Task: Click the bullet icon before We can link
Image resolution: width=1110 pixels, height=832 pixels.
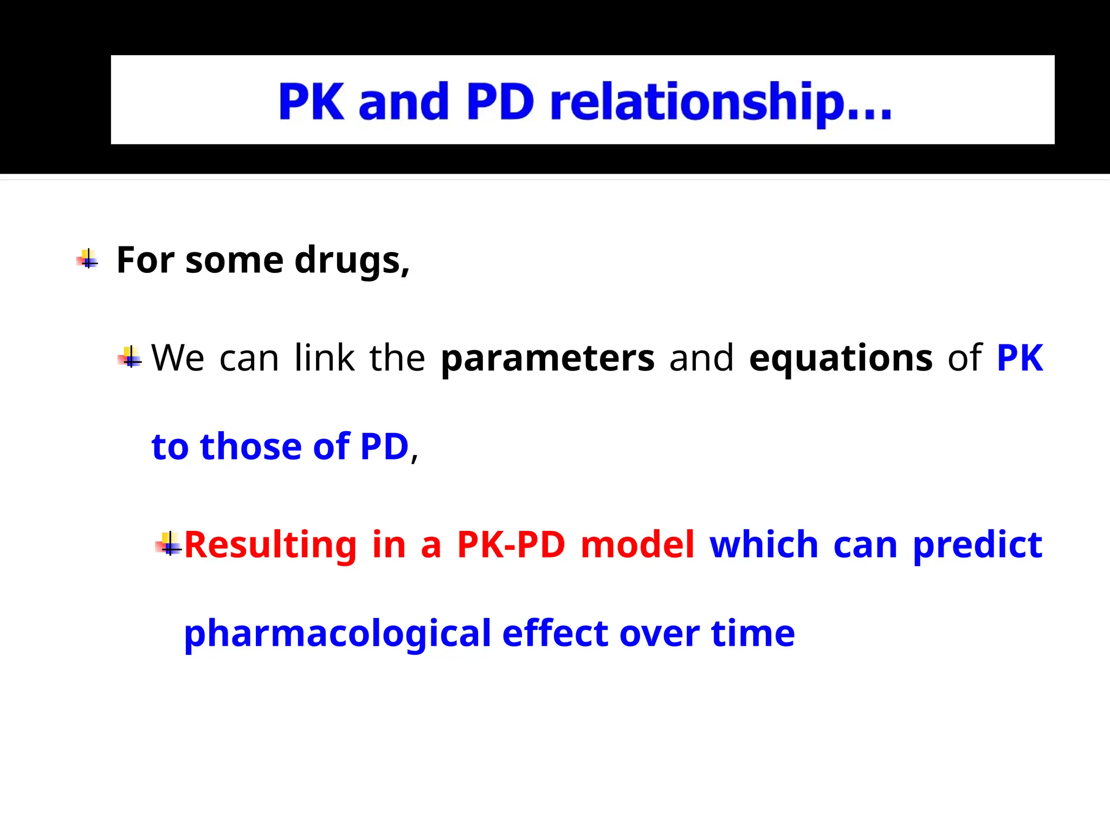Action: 130,357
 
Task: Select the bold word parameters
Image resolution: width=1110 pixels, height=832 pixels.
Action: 547,358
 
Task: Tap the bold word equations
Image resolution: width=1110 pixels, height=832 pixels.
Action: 841,358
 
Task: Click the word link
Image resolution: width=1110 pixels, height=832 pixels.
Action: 324,358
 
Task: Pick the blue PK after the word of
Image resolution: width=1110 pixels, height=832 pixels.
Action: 1019,358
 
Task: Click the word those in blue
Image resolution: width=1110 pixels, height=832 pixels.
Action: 250,446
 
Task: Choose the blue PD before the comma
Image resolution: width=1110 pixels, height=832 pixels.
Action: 384,446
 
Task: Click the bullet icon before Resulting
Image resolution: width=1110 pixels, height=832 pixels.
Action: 169,543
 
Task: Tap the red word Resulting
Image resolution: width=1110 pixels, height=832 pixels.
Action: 270,544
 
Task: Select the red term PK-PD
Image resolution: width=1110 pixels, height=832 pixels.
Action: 511,544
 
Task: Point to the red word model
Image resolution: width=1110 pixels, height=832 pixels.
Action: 637,544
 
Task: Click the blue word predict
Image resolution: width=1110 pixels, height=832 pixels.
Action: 977,545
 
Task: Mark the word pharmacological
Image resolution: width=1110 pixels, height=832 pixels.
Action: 337,633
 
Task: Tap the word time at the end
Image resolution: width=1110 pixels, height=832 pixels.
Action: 753,633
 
